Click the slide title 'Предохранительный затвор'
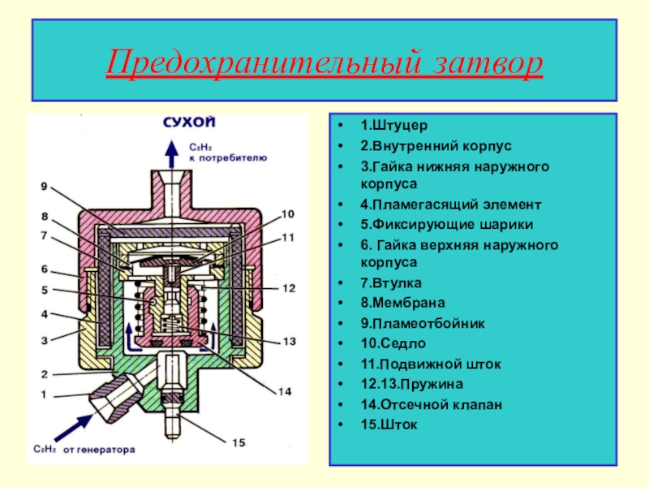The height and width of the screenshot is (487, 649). (x=324, y=62)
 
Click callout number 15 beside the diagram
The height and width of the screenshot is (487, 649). (x=239, y=442)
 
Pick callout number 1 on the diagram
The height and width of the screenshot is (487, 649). (x=44, y=395)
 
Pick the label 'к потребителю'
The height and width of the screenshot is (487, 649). (x=228, y=159)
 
